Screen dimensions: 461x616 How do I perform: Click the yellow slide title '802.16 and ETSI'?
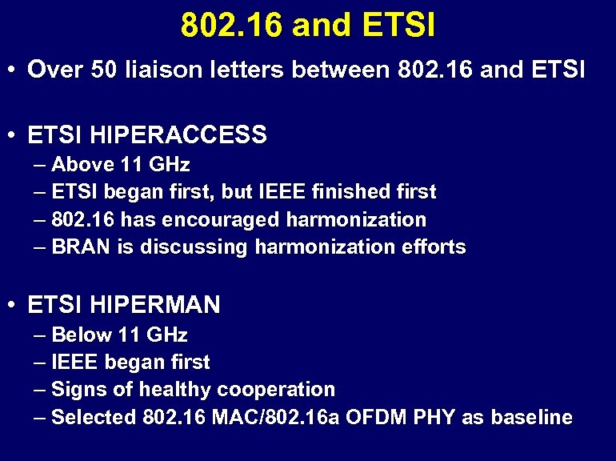tap(308, 25)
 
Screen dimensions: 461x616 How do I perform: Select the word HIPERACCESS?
tap(179, 134)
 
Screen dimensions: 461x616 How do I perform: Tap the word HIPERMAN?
tap(156, 305)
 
